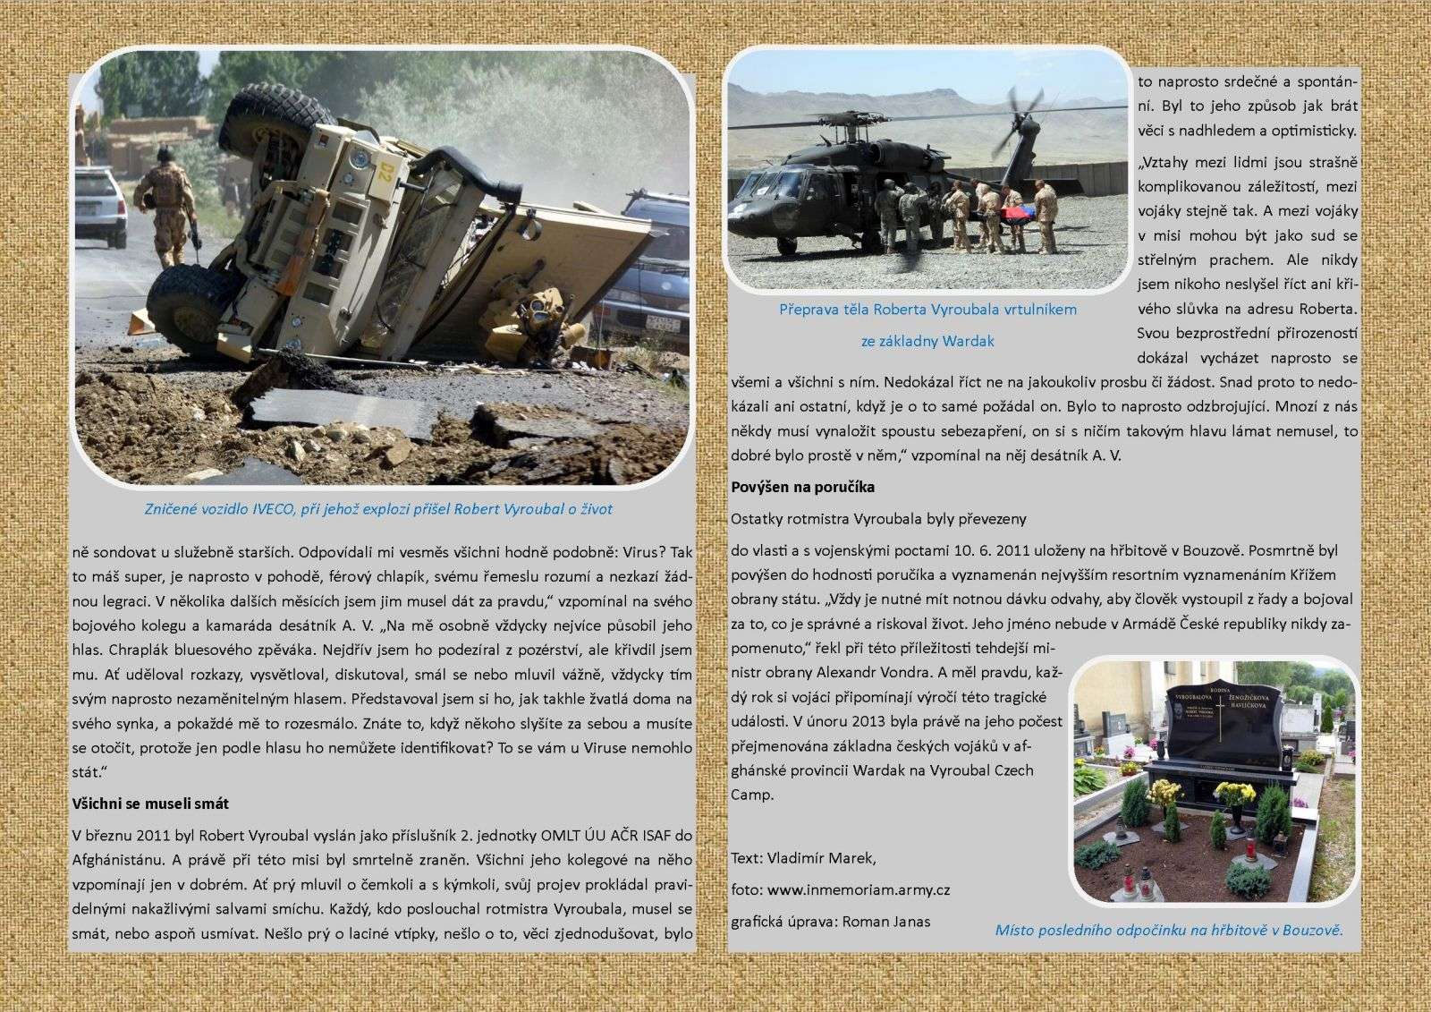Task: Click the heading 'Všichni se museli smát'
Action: click(151, 804)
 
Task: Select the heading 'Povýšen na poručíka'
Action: click(802, 488)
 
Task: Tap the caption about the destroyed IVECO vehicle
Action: click(378, 509)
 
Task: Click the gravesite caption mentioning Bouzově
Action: click(1169, 930)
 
